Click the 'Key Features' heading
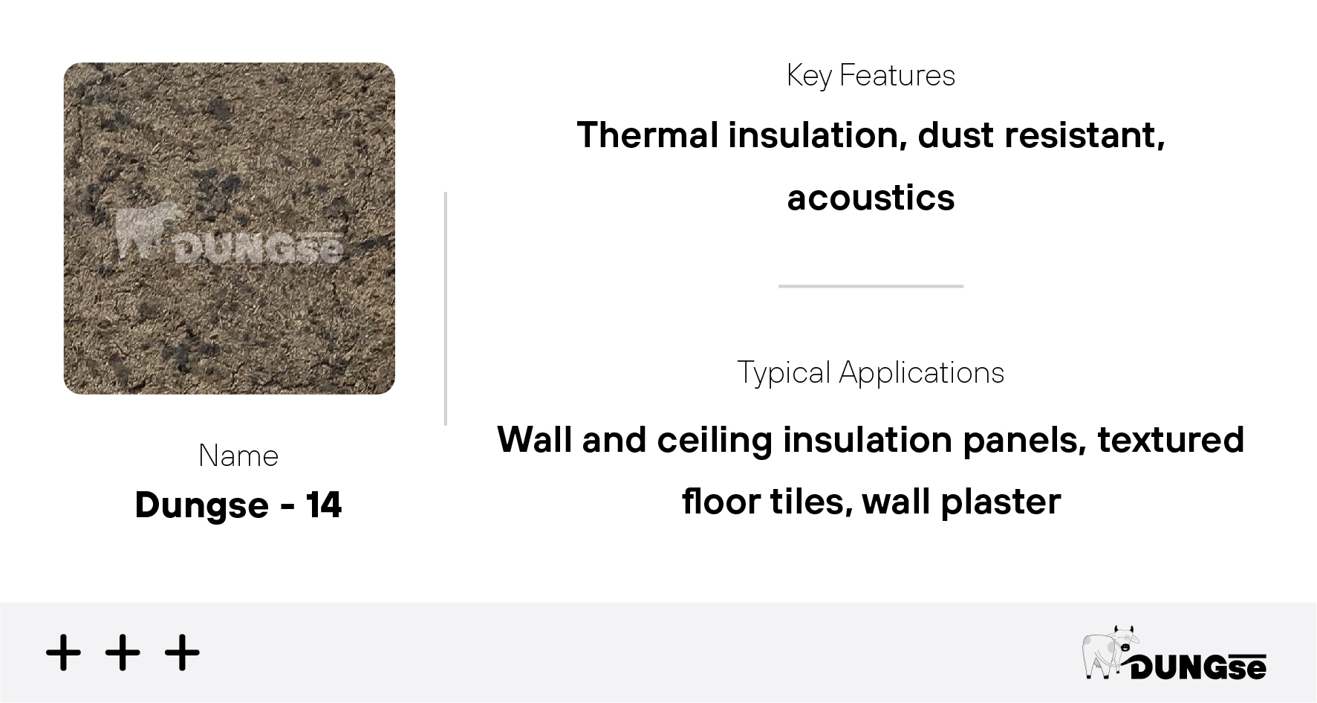point(871,76)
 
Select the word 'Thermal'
point(646,135)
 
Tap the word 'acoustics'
point(871,198)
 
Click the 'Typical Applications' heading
point(871,373)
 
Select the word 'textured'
point(1171,440)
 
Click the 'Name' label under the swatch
point(238,456)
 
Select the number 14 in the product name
point(324,505)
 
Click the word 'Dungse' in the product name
point(201,506)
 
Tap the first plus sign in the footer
point(63,653)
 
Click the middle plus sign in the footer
point(123,653)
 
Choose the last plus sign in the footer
point(182,653)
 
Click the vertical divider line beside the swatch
point(446,308)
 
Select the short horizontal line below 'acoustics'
point(871,286)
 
